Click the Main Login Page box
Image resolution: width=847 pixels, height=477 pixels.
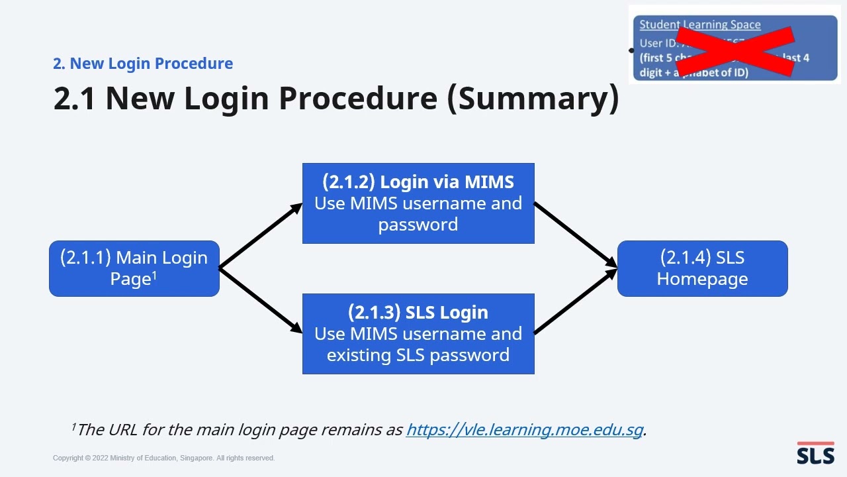[x=134, y=268]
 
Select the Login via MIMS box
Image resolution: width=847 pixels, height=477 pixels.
[x=418, y=203]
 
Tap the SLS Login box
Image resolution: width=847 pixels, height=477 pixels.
[x=418, y=333]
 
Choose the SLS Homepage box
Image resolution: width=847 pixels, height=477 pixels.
[x=702, y=268]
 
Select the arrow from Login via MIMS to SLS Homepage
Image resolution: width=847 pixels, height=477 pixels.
[x=574, y=235]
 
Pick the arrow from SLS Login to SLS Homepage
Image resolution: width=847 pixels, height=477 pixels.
[x=574, y=301]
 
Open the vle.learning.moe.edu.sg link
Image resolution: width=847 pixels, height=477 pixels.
[x=524, y=429]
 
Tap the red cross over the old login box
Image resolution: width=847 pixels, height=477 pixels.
[x=735, y=51]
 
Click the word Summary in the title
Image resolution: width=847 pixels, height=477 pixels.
[x=533, y=98]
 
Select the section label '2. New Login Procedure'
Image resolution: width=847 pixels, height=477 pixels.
[x=143, y=64]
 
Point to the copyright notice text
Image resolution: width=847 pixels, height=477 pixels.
[x=163, y=458]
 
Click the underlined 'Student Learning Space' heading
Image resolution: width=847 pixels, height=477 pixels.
[x=699, y=25]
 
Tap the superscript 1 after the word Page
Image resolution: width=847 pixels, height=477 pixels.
[x=154, y=274]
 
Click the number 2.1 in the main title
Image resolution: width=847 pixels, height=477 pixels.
[x=74, y=98]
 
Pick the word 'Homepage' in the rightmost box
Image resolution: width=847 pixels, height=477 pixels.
[x=702, y=279]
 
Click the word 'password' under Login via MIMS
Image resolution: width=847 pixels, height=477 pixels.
[x=418, y=225]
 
